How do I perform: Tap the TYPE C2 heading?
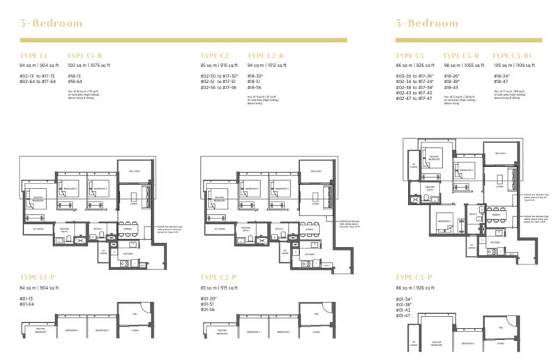(x=215, y=55)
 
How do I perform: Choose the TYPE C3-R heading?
(x=461, y=55)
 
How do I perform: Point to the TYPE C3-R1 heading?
(x=517, y=55)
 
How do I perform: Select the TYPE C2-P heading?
(x=221, y=277)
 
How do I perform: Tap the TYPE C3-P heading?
(x=415, y=277)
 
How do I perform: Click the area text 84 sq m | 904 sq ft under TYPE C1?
(x=40, y=65)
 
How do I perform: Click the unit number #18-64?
(x=75, y=82)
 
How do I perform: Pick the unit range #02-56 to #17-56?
(x=218, y=87)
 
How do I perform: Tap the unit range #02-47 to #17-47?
(x=414, y=98)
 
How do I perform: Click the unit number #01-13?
(x=29, y=299)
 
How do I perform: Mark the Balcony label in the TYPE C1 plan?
(x=135, y=171)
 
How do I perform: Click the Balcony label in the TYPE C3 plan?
(x=500, y=153)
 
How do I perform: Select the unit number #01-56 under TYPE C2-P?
(x=207, y=309)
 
